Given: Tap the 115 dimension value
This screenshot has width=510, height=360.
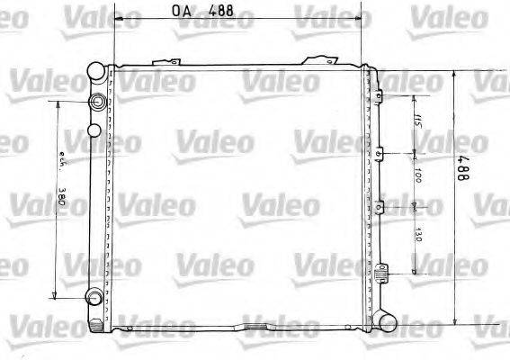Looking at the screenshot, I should click(419, 121).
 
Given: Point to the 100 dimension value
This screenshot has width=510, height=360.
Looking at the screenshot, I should click(419, 178).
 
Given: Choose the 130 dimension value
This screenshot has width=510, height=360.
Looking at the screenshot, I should click(419, 238).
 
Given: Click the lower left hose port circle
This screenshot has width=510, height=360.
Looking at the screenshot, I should click(94, 298).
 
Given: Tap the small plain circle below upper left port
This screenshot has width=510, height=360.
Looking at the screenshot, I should click(94, 132).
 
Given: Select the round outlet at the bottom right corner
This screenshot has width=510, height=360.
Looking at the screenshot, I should click(387, 319).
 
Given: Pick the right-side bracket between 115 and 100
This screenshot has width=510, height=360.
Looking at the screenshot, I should click(381, 152).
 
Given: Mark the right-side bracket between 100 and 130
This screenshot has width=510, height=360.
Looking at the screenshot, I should click(381, 208).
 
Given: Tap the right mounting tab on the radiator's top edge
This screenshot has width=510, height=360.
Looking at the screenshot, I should click(320, 60).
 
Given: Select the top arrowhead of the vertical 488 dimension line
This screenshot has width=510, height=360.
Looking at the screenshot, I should click(455, 73).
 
